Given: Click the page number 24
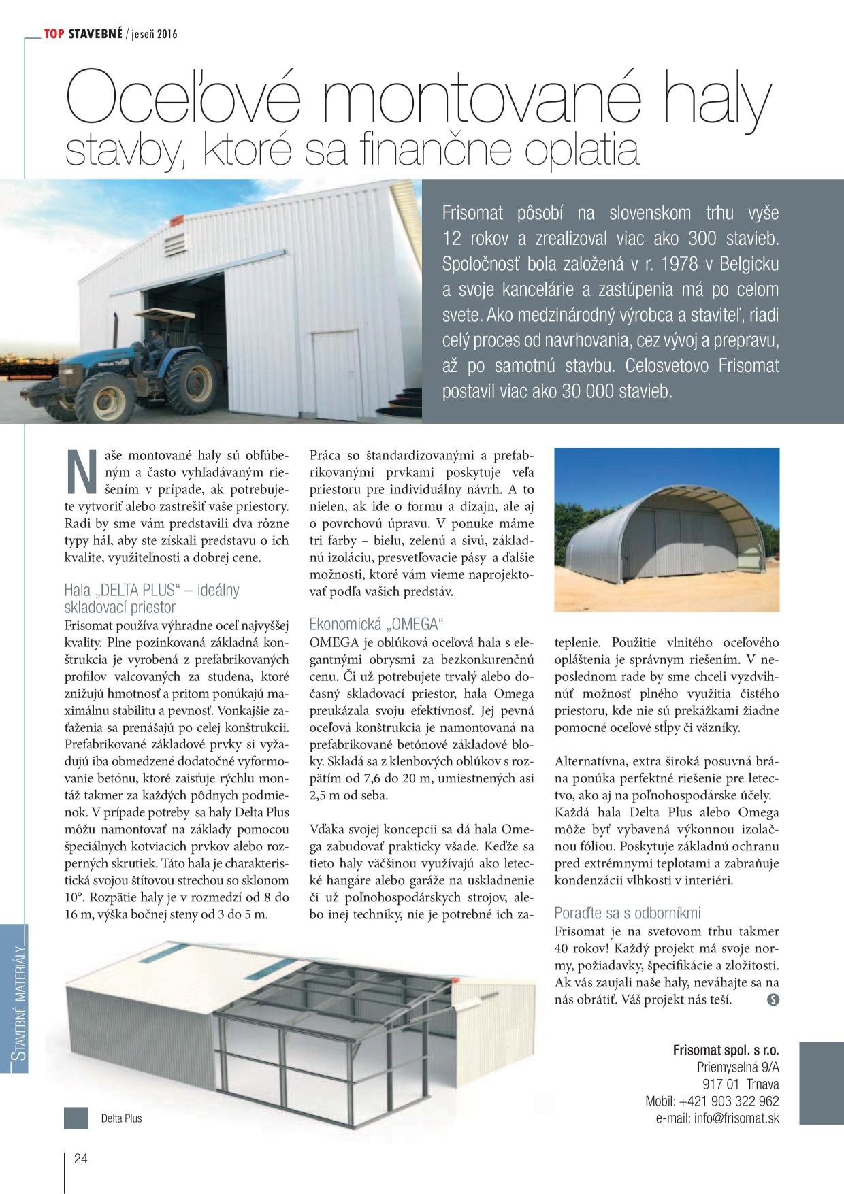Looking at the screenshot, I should tap(80, 1159).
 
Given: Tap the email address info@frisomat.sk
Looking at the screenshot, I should tap(736, 1118).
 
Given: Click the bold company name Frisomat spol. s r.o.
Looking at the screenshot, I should tap(726, 1050).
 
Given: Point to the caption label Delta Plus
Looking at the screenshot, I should tap(121, 1118).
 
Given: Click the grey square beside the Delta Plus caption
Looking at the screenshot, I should tap(76, 1118).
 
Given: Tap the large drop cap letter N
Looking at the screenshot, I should tap(82, 471).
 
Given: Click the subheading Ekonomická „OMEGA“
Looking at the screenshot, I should tap(376, 624).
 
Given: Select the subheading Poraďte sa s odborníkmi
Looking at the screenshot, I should tap(627, 913).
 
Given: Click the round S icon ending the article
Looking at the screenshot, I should tap(773, 999).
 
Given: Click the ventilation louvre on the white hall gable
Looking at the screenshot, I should tap(175, 241).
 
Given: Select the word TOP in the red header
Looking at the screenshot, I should tap(54, 34).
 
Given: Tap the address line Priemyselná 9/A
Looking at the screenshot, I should tap(738, 1067).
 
